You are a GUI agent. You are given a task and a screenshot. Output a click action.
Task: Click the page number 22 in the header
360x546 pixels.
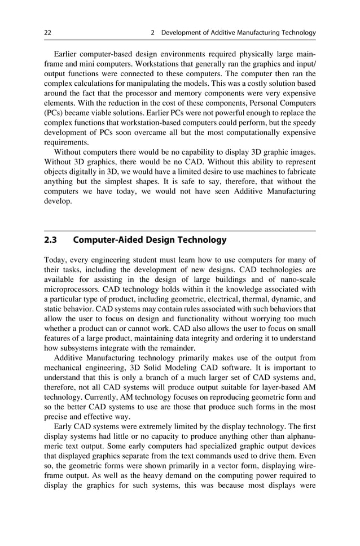(48, 33)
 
